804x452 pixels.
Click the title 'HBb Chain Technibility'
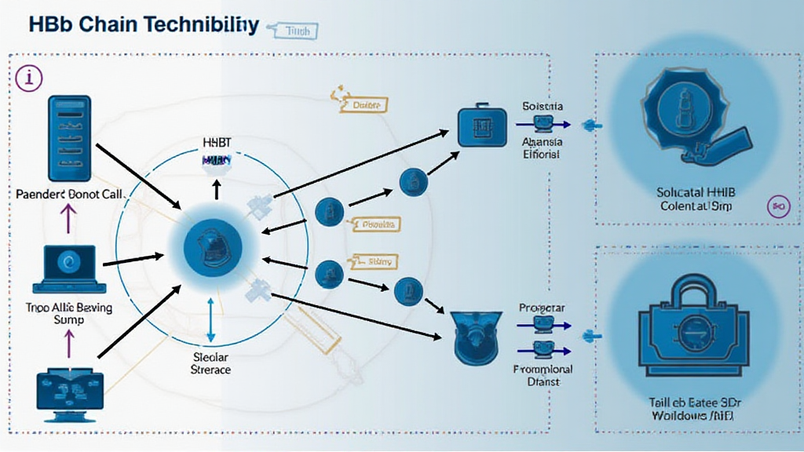[143, 24]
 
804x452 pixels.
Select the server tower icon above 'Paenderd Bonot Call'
[70, 139]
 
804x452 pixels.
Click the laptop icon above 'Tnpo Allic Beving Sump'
[70, 267]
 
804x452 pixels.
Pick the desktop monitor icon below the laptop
[70, 391]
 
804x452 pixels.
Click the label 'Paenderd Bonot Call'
[69, 192]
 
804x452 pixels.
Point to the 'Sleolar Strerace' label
[211, 363]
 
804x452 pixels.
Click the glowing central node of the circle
[210, 249]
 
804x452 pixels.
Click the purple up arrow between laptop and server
[69, 223]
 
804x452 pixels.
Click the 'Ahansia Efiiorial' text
[541, 148]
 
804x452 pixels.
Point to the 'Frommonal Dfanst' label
[543, 375]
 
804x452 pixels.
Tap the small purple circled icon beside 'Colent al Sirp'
[779, 206]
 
